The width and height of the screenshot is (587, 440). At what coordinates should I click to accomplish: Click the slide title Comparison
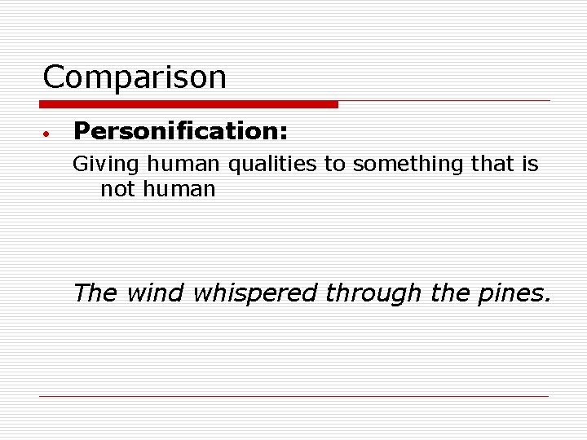click(135, 78)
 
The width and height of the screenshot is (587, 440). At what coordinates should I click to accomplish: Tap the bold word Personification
click(176, 130)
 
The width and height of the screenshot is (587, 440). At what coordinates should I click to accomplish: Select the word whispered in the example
click(254, 293)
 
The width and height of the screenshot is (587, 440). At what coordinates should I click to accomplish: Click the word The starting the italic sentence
click(95, 293)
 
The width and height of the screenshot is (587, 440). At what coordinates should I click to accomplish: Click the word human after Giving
click(183, 165)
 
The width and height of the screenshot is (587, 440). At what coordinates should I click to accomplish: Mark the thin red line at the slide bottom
click(293, 396)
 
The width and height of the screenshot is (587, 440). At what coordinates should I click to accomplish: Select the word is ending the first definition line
click(529, 165)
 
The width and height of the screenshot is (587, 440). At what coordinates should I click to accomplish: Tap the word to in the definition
click(334, 165)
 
